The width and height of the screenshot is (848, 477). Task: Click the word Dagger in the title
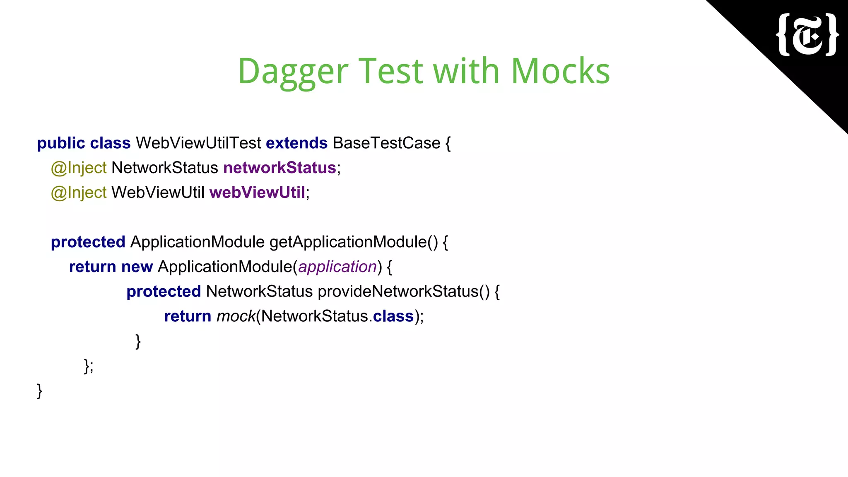click(293, 72)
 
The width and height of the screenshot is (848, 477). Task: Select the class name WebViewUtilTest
click(198, 143)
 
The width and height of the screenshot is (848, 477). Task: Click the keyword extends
click(296, 143)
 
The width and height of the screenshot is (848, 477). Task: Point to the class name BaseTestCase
click(386, 143)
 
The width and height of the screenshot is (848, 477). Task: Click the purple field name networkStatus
click(279, 168)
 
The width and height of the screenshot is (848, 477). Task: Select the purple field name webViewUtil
click(257, 193)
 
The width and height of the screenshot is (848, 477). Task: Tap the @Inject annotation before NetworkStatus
click(79, 168)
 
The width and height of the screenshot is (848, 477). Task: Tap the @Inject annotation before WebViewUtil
click(79, 193)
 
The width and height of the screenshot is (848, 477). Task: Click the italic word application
click(337, 267)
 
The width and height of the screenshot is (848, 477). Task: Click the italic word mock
click(236, 317)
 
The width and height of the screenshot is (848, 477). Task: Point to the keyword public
click(61, 143)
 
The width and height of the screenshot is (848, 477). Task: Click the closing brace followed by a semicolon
click(88, 366)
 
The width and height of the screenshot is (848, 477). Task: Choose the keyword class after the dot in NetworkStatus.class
click(393, 317)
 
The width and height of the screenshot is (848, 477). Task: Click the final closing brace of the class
click(40, 391)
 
